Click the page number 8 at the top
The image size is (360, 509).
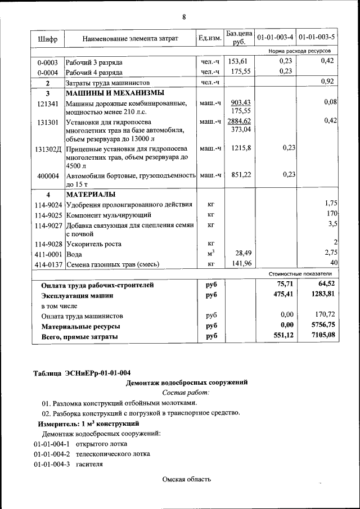coord(183,16)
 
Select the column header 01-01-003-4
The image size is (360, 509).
coord(275,38)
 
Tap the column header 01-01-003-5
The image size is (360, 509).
coord(317,38)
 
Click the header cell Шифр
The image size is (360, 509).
coord(48,39)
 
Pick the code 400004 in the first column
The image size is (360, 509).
coord(48,175)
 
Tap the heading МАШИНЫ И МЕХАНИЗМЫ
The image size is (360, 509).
coord(115,93)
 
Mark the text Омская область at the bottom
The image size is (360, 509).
coord(186,479)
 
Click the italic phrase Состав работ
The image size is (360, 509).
coord(185,392)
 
